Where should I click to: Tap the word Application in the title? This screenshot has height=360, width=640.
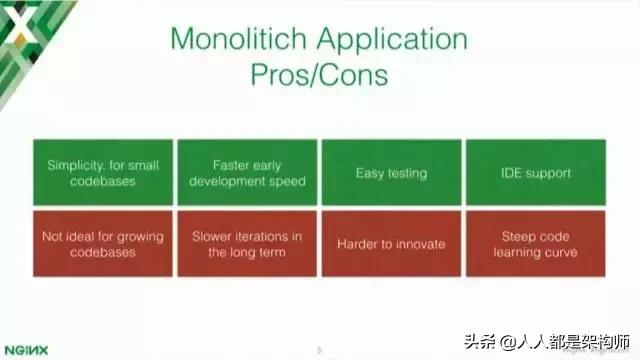click(393, 40)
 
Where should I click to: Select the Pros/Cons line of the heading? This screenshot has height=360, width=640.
click(320, 76)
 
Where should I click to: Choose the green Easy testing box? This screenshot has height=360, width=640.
click(391, 173)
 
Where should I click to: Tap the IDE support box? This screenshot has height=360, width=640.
click(535, 173)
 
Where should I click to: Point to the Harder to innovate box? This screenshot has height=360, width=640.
click(391, 244)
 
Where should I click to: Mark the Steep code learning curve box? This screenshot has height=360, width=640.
click(535, 244)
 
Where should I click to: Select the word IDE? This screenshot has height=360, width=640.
click(509, 173)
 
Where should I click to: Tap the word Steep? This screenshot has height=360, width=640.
click(519, 236)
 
